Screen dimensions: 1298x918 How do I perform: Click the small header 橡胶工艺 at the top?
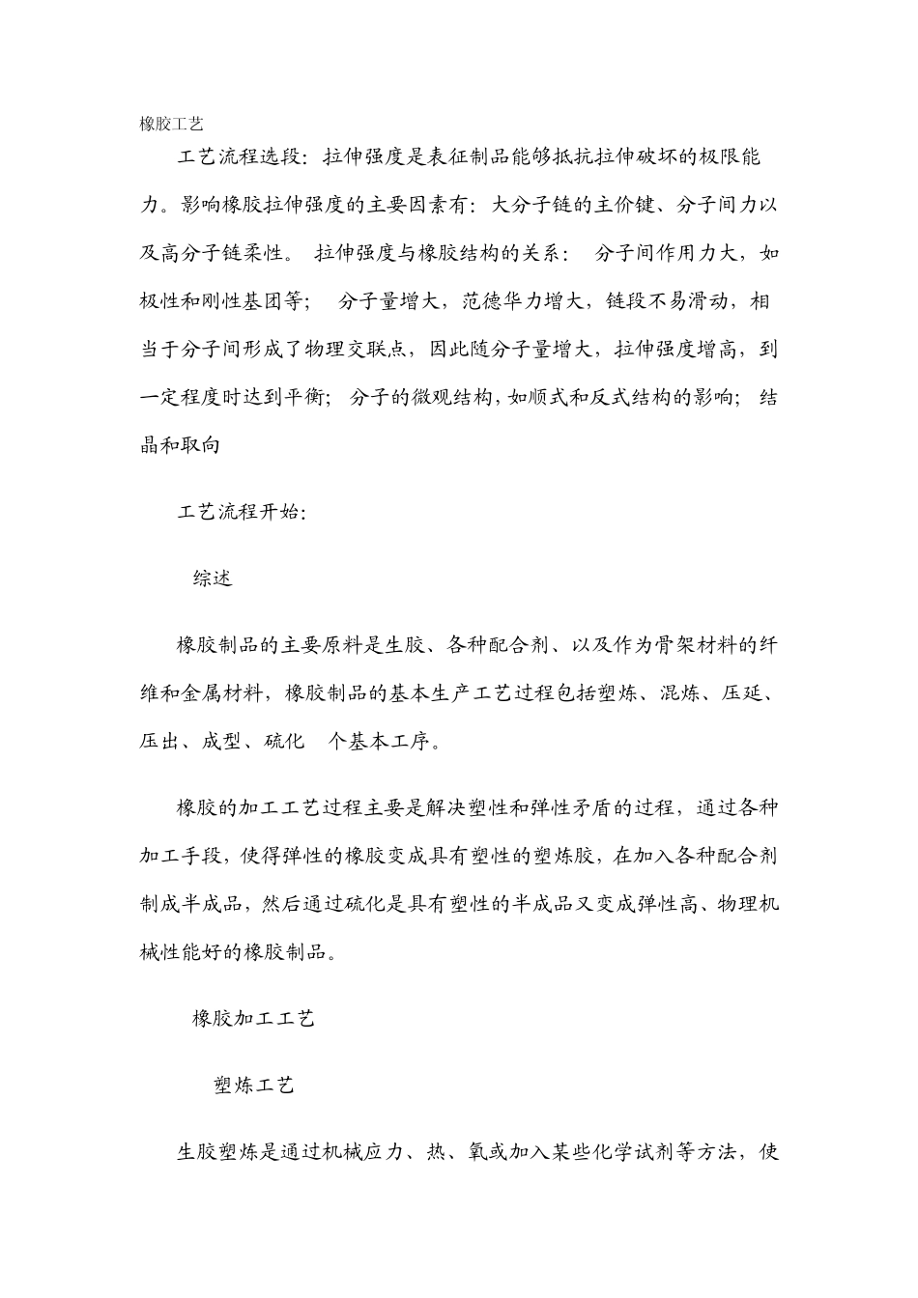[x=171, y=124]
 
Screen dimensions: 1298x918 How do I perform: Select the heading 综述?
[x=212, y=578]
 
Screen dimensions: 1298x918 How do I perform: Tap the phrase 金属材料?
[x=217, y=693]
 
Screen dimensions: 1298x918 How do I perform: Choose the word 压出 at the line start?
[x=160, y=742]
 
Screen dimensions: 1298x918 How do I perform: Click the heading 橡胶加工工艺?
[x=253, y=1018]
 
